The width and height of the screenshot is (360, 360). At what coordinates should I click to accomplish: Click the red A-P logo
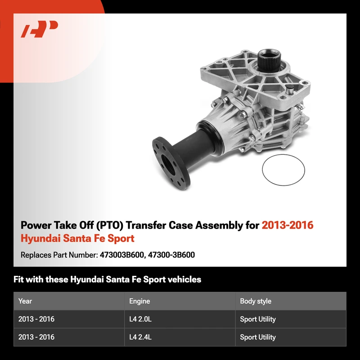pos(39,29)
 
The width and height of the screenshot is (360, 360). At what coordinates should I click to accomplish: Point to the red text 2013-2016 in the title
pos(288,225)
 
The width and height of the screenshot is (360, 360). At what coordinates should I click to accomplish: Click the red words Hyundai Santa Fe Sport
pos(77,238)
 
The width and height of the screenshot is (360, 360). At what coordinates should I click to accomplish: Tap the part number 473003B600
pos(121,255)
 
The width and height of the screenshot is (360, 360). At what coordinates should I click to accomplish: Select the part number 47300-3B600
pos(171,255)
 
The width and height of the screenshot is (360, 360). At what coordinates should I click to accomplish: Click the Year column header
pos(25,301)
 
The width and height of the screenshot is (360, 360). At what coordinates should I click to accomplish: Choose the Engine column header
pos(139,301)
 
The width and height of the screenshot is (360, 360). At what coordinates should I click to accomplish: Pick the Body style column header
pos(256,301)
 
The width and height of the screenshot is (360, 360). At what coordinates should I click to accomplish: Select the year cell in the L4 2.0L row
pos(36,319)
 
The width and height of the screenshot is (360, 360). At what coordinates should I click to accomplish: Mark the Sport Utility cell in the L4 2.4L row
pos(257,337)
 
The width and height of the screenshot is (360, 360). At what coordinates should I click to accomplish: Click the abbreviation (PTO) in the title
pos(110,225)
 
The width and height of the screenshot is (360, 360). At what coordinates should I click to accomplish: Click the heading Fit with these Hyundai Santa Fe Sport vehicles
pos(107,279)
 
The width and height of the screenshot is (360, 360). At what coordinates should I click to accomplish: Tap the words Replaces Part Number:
pos(59,255)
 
